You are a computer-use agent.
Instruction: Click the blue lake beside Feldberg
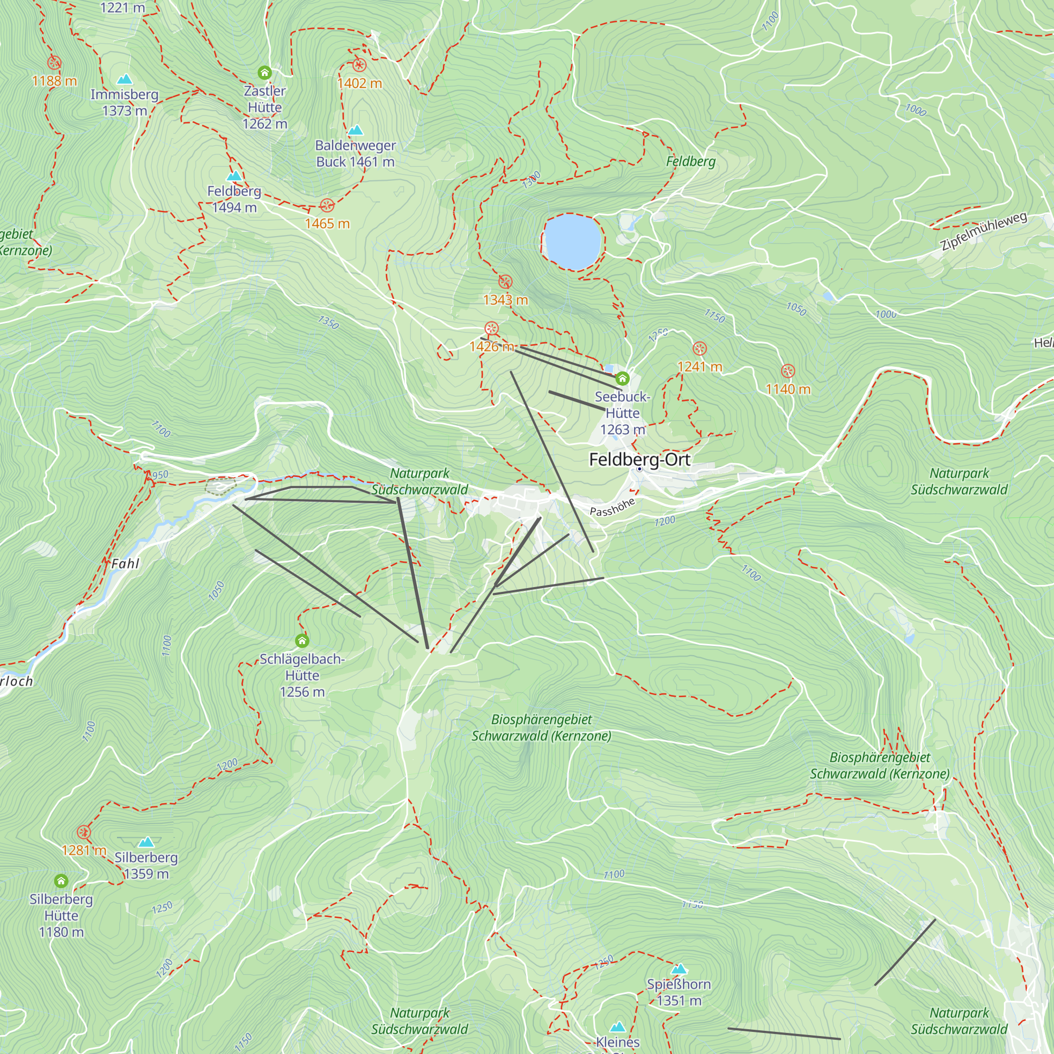pyautogui.click(x=572, y=242)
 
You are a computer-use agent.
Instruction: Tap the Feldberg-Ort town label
pyautogui.click(x=639, y=460)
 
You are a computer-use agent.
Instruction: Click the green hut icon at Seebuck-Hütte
pyautogui.click(x=622, y=378)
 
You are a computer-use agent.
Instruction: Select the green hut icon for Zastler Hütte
pyautogui.click(x=265, y=73)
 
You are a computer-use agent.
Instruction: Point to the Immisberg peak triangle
pyautogui.click(x=124, y=80)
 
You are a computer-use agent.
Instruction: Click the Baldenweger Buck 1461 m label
pyautogui.click(x=355, y=153)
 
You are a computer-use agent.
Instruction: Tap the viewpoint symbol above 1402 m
pyautogui.click(x=359, y=65)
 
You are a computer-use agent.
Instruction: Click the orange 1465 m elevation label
pyautogui.click(x=327, y=223)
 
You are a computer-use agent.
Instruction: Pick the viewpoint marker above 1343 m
pyautogui.click(x=505, y=282)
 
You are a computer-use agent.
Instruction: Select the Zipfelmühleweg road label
pyautogui.click(x=983, y=231)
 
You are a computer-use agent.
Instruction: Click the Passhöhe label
pyautogui.click(x=612, y=507)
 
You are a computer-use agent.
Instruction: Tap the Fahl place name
pyautogui.click(x=125, y=563)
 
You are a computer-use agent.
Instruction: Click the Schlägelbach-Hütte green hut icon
pyautogui.click(x=301, y=640)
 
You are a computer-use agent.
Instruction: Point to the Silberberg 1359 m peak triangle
pyautogui.click(x=145, y=842)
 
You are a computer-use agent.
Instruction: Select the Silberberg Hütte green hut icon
pyautogui.click(x=61, y=881)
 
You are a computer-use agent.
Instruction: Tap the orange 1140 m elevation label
pyautogui.click(x=788, y=389)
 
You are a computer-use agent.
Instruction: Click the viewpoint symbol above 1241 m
pyautogui.click(x=699, y=348)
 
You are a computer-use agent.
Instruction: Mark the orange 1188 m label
pyautogui.click(x=55, y=81)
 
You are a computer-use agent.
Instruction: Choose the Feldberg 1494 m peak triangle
pyautogui.click(x=234, y=176)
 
